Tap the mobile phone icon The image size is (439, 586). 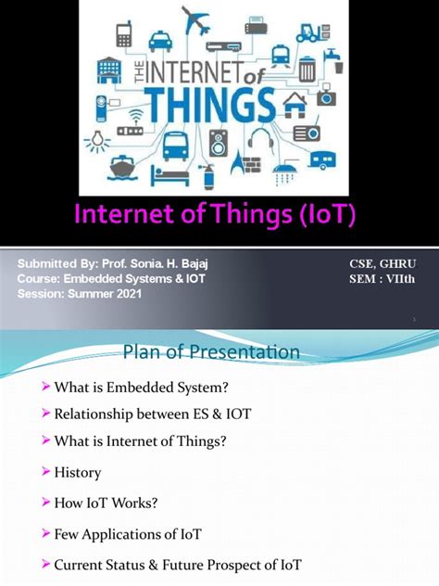(x=124, y=35)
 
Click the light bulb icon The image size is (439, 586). (x=95, y=140)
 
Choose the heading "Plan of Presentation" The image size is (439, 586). (x=211, y=352)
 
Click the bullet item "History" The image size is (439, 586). (x=78, y=472)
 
